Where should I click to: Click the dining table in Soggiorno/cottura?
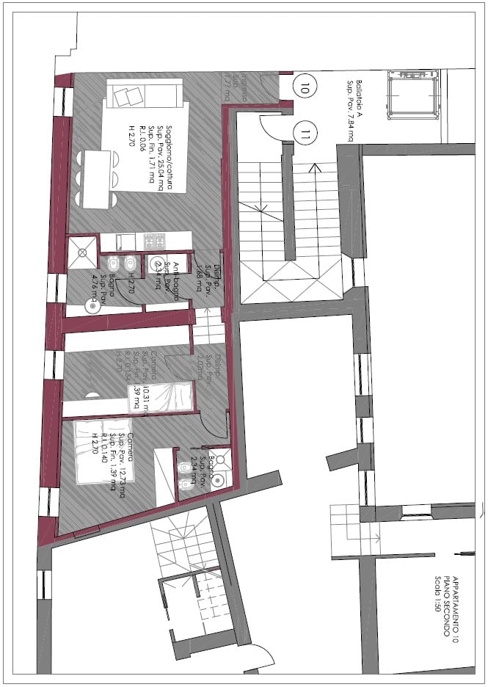point(98,178)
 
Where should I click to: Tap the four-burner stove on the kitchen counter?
point(156,240)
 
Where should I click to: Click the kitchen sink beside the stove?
point(125,240)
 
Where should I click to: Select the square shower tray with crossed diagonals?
point(82,250)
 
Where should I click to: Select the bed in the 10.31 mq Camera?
point(161,397)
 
